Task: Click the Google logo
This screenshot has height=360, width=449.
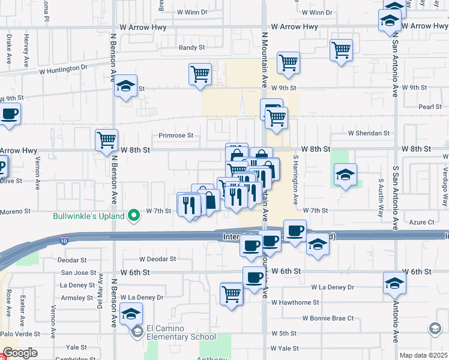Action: (x=20, y=353)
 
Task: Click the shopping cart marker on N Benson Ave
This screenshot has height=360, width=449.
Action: (x=106, y=140)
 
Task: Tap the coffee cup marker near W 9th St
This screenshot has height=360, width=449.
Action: (x=10, y=113)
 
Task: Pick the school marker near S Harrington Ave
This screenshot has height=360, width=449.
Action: (x=345, y=175)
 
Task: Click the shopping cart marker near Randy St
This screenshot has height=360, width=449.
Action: (x=341, y=50)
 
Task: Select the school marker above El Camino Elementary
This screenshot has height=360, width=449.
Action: (x=131, y=314)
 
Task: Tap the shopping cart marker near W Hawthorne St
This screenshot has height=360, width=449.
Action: (x=231, y=294)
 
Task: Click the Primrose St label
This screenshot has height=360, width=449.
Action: (x=176, y=136)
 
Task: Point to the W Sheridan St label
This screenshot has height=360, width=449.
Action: (x=369, y=133)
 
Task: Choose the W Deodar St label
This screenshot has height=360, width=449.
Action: (x=157, y=259)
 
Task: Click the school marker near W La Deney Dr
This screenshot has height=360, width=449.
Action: (x=394, y=283)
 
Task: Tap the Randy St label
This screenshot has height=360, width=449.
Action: (x=192, y=47)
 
